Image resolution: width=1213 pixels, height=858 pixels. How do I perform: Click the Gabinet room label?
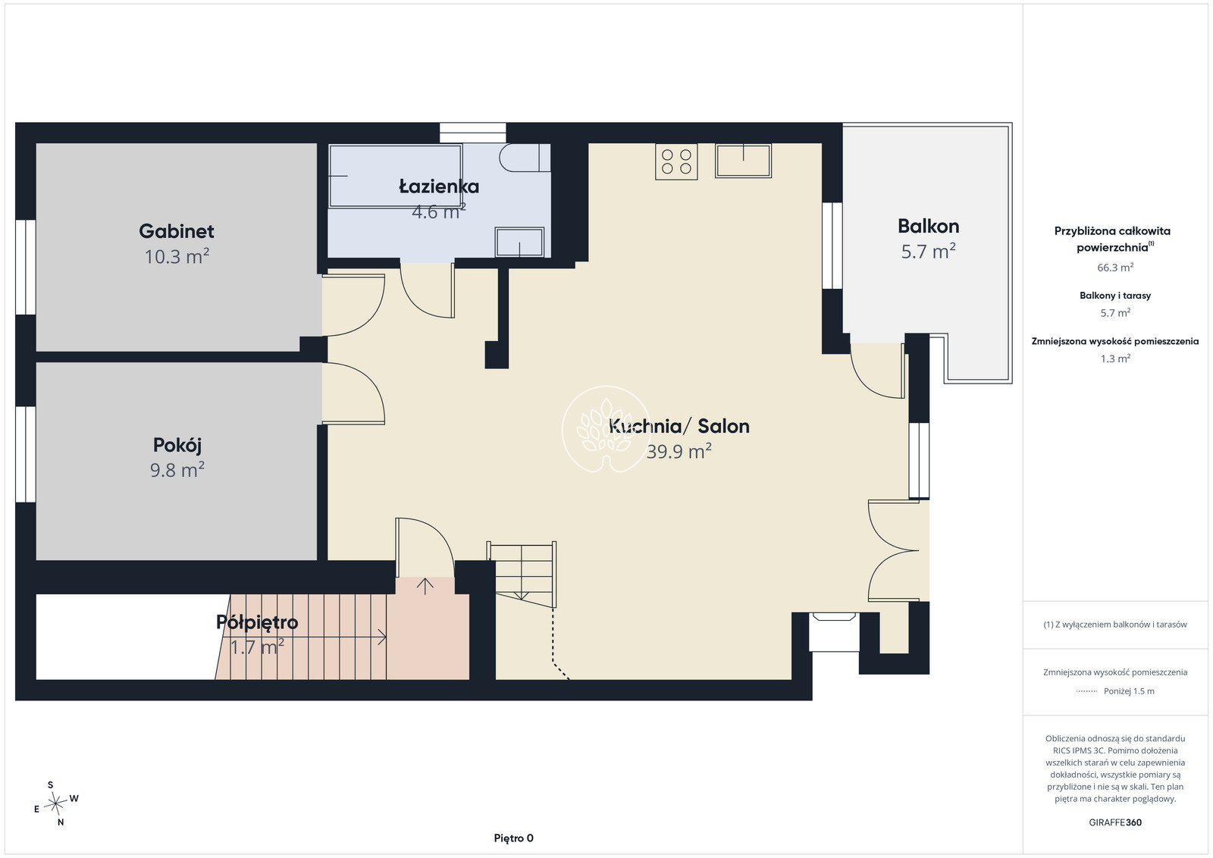(x=177, y=231)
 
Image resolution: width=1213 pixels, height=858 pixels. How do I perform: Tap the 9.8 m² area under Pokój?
(x=177, y=469)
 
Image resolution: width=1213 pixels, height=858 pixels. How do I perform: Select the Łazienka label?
(x=439, y=186)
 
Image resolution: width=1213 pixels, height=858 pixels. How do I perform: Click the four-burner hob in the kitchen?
(x=676, y=161)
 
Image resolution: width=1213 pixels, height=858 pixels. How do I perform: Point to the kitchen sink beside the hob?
(x=743, y=161)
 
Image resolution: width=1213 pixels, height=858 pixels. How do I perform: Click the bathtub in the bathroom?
(x=395, y=176)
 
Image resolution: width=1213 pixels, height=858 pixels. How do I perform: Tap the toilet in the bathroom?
(x=525, y=158)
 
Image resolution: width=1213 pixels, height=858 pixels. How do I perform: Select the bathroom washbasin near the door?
(x=519, y=242)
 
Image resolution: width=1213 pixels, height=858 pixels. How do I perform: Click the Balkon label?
(x=928, y=227)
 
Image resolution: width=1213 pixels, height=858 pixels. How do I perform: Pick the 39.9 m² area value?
(x=679, y=451)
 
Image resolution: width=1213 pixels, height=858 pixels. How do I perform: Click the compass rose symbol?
(x=56, y=803)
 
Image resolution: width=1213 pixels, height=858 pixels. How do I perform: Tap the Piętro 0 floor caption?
(x=513, y=838)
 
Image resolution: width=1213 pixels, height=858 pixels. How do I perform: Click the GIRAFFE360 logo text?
(x=1115, y=822)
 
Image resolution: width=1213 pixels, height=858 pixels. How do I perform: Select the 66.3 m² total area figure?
(x=1115, y=268)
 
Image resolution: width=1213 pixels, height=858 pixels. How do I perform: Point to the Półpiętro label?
(x=257, y=622)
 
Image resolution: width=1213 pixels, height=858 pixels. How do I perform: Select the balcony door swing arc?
(x=867, y=383)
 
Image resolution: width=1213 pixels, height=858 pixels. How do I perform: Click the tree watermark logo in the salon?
(x=606, y=429)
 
